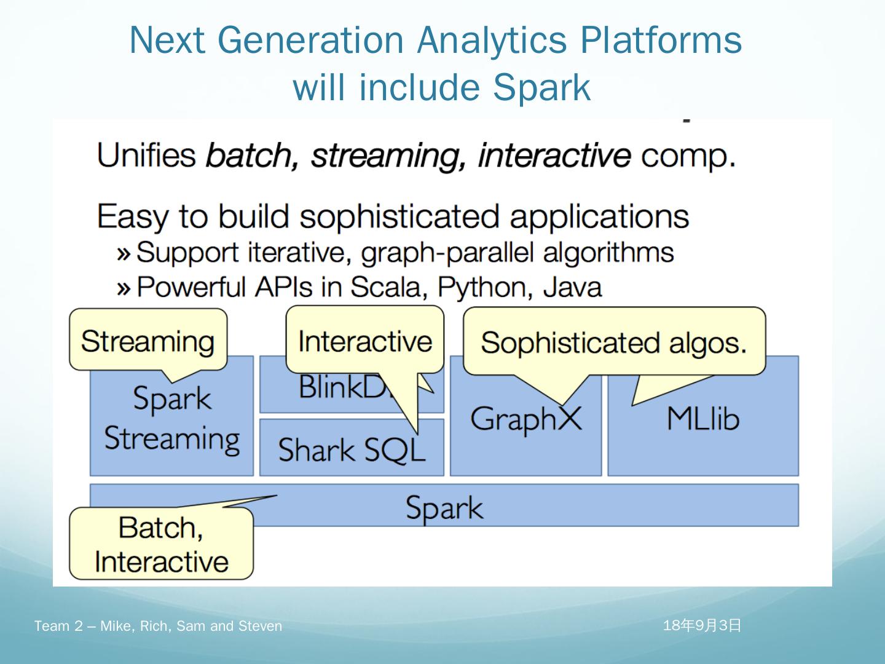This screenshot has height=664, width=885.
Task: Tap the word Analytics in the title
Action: [x=492, y=40]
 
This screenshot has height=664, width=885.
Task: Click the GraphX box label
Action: [x=525, y=419]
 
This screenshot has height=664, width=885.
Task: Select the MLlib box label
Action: [x=702, y=419]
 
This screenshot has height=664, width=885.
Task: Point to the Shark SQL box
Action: [x=351, y=449]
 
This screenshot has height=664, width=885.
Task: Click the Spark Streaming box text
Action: [x=171, y=419]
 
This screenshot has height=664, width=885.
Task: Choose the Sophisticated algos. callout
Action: [x=613, y=342]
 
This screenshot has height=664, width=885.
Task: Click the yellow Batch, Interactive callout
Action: [x=161, y=544]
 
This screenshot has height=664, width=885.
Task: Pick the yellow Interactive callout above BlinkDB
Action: [x=364, y=341]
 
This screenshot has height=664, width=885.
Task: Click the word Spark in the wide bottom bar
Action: [x=444, y=508]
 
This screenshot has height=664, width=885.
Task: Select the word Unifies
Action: [x=146, y=155]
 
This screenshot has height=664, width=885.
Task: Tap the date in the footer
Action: [x=702, y=626]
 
